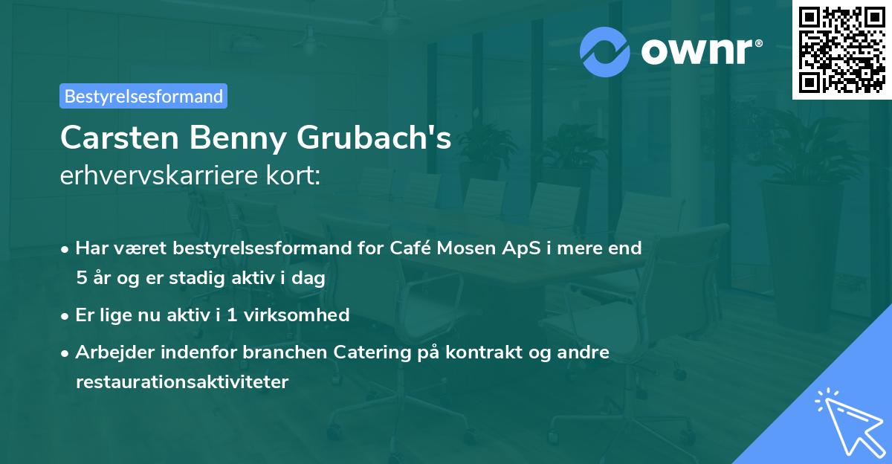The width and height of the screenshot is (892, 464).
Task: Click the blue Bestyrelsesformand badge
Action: point(143,96)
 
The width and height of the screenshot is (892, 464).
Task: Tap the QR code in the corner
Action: point(841,49)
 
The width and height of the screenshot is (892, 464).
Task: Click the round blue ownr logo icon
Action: point(604,52)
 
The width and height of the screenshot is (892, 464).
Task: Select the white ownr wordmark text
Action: point(702,51)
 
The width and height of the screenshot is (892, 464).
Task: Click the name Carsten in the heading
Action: point(120,138)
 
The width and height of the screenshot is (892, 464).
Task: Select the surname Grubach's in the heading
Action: point(374,138)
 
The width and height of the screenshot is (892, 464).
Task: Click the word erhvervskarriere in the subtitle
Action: point(159,175)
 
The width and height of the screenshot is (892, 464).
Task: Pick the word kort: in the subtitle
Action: point(293,175)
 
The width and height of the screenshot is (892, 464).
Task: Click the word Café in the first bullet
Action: point(410,248)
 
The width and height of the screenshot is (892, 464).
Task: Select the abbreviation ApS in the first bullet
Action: point(521,248)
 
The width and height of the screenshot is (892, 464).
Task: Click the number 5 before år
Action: point(82,277)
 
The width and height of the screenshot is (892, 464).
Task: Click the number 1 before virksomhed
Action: point(232,315)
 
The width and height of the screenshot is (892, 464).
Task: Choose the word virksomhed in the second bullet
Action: point(297,315)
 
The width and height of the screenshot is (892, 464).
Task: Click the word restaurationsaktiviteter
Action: point(182,381)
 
